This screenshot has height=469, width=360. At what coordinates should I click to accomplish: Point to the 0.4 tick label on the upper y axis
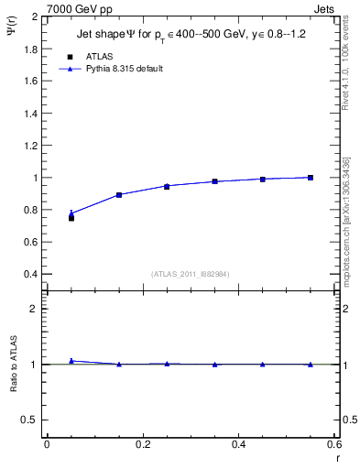[31, 274]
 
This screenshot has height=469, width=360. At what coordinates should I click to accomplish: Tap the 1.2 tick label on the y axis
[31, 145]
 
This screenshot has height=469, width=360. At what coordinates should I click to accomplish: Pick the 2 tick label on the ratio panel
[35, 309]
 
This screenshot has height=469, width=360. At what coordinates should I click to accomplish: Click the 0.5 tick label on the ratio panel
[31, 420]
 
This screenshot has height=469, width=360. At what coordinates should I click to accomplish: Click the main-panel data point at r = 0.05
[71, 216]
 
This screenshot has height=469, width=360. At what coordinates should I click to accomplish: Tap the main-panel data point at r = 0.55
[311, 178]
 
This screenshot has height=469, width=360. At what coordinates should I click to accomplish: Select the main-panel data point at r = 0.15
[119, 195]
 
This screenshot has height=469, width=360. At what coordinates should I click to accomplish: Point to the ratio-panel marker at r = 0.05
[71, 361]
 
